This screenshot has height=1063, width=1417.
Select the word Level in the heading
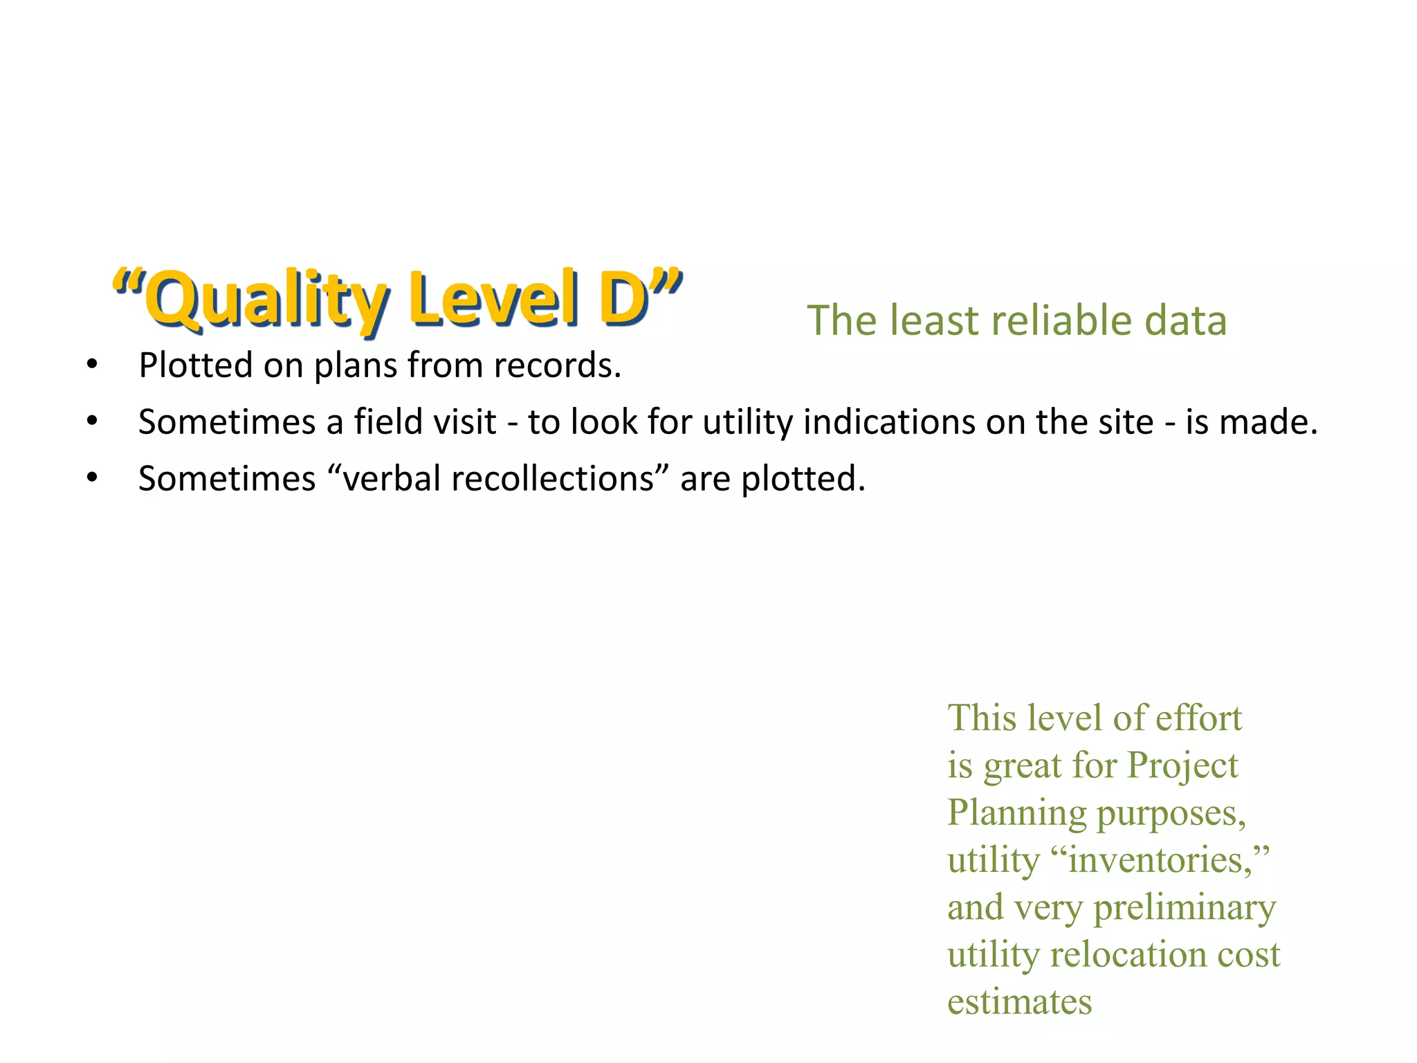point(494,299)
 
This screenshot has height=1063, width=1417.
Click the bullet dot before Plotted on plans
point(92,365)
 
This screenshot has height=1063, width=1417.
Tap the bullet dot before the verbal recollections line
point(92,478)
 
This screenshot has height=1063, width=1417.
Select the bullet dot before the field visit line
point(92,421)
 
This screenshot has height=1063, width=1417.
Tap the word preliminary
point(1184,908)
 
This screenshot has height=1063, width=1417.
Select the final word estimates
point(1019,1001)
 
